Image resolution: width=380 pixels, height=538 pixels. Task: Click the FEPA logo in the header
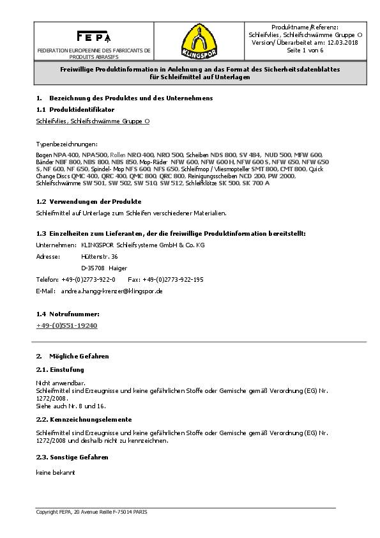[94, 36]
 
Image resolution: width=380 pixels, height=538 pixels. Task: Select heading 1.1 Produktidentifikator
[75, 110]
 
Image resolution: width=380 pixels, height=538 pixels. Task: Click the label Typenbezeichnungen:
[66, 144]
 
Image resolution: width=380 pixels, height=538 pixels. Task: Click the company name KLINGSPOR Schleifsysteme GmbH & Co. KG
[142, 245]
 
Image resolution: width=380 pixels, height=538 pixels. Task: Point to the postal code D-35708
[93, 268]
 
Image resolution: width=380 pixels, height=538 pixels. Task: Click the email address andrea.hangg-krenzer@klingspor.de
[112, 291]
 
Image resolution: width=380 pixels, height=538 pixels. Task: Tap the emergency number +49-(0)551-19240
[67, 325]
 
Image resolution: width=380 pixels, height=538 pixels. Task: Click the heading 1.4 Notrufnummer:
[68, 314]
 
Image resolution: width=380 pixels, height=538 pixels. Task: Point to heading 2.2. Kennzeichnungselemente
[84, 419]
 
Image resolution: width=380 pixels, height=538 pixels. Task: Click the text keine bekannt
[56, 472]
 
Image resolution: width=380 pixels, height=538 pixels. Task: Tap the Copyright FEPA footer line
[91, 512]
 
